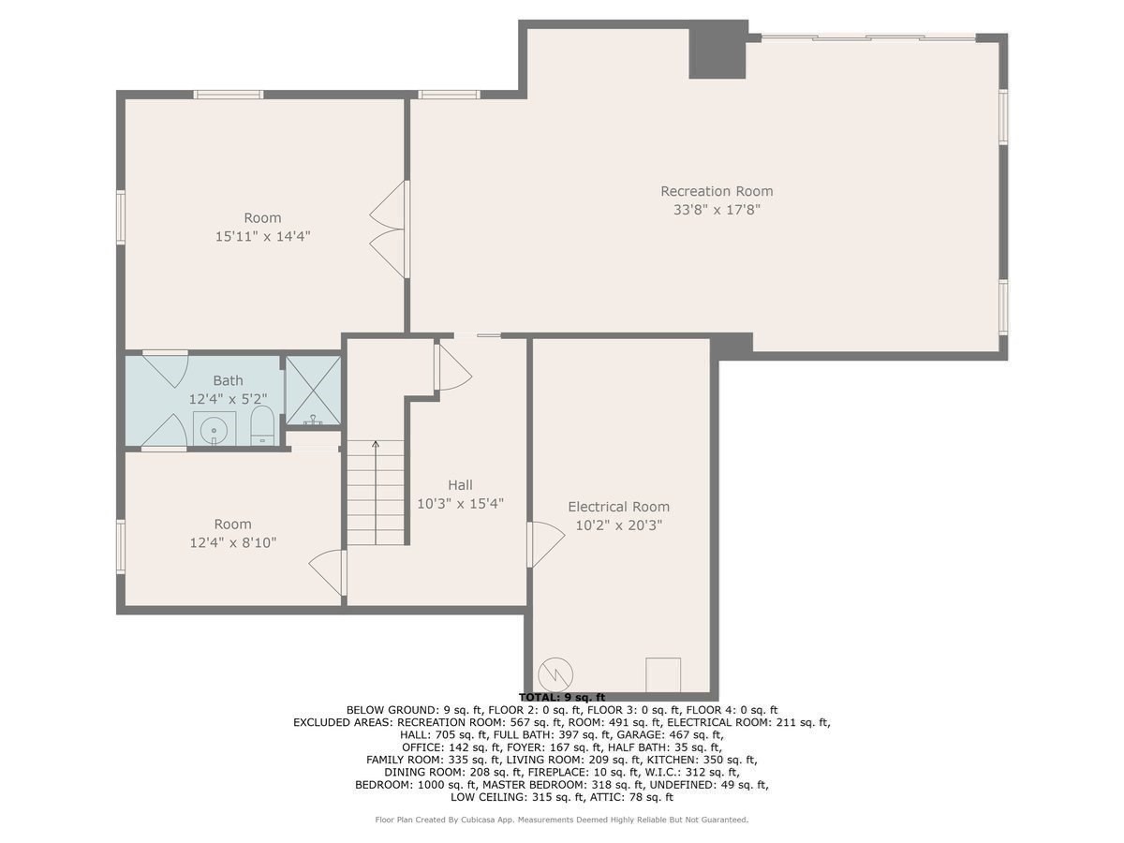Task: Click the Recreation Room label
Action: click(717, 191)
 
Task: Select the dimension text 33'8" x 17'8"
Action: click(717, 210)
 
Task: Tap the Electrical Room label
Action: click(618, 507)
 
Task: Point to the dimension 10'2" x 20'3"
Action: click(618, 525)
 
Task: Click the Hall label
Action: click(460, 484)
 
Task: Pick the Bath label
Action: click(228, 380)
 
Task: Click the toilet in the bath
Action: click(261, 427)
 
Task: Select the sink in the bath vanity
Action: click(214, 430)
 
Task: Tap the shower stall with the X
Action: click(313, 391)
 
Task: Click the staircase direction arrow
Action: click(376, 447)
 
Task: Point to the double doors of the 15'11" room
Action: click(392, 229)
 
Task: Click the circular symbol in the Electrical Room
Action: click(555, 673)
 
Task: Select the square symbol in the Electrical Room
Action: click(663, 673)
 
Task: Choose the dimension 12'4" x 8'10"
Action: click(232, 542)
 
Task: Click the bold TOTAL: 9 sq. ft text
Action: click(562, 697)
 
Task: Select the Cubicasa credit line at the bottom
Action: click(562, 820)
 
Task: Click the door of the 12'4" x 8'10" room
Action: click(328, 571)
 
